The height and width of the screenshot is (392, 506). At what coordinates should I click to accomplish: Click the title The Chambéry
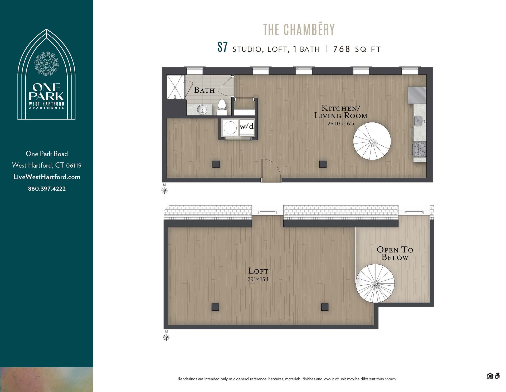point(299,30)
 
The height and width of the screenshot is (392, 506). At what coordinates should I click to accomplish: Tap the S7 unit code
point(222,48)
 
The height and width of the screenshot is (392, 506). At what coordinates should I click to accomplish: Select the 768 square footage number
point(342,49)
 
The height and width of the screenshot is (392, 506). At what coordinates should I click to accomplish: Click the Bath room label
point(204,90)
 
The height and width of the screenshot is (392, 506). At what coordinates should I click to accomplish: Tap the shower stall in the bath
point(175,87)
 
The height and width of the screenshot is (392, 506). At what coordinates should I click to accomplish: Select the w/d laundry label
point(247,126)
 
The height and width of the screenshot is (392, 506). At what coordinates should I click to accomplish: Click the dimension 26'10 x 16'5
point(340,123)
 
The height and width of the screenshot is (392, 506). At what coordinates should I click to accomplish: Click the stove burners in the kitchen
point(420,149)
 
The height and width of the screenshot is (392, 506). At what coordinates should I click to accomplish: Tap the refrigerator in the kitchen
point(417,95)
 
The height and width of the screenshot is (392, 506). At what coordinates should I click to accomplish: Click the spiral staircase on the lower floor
point(372,141)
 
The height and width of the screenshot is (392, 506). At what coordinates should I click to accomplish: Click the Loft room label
point(258,271)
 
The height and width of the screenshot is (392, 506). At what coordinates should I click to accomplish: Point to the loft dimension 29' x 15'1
point(258,279)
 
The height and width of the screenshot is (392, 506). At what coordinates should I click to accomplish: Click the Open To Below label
point(395,253)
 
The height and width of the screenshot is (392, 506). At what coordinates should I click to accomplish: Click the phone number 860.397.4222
point(47,189)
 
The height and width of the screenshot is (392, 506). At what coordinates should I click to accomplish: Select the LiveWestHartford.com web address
point(47,177)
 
